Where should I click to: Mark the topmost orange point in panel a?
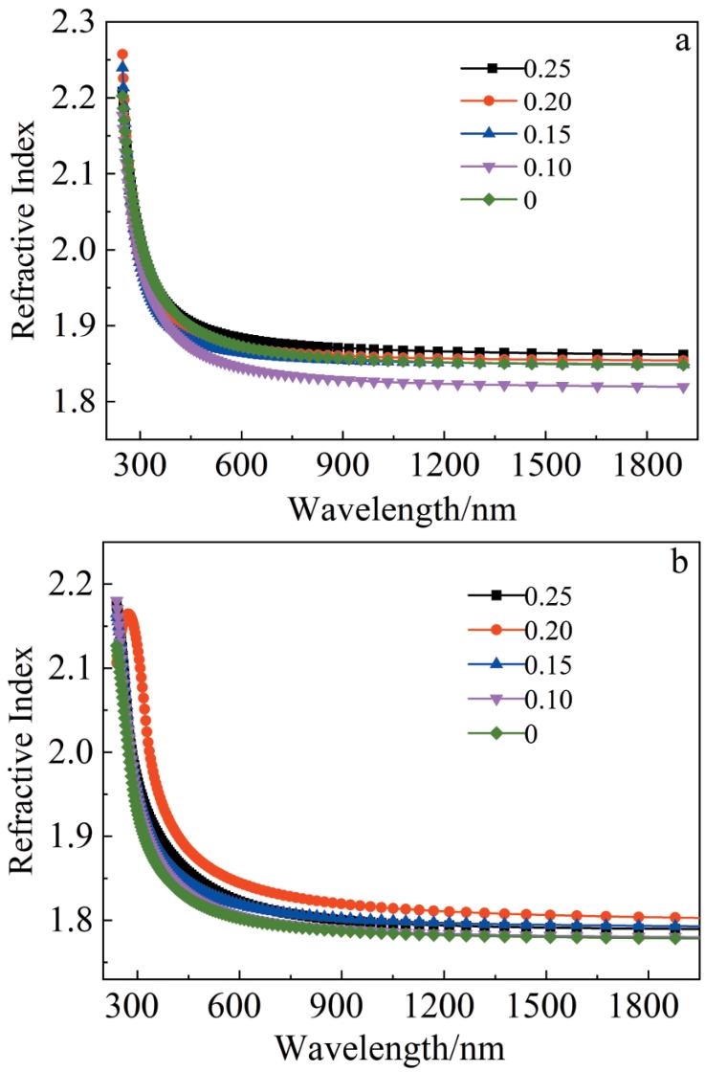[122, 55]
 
